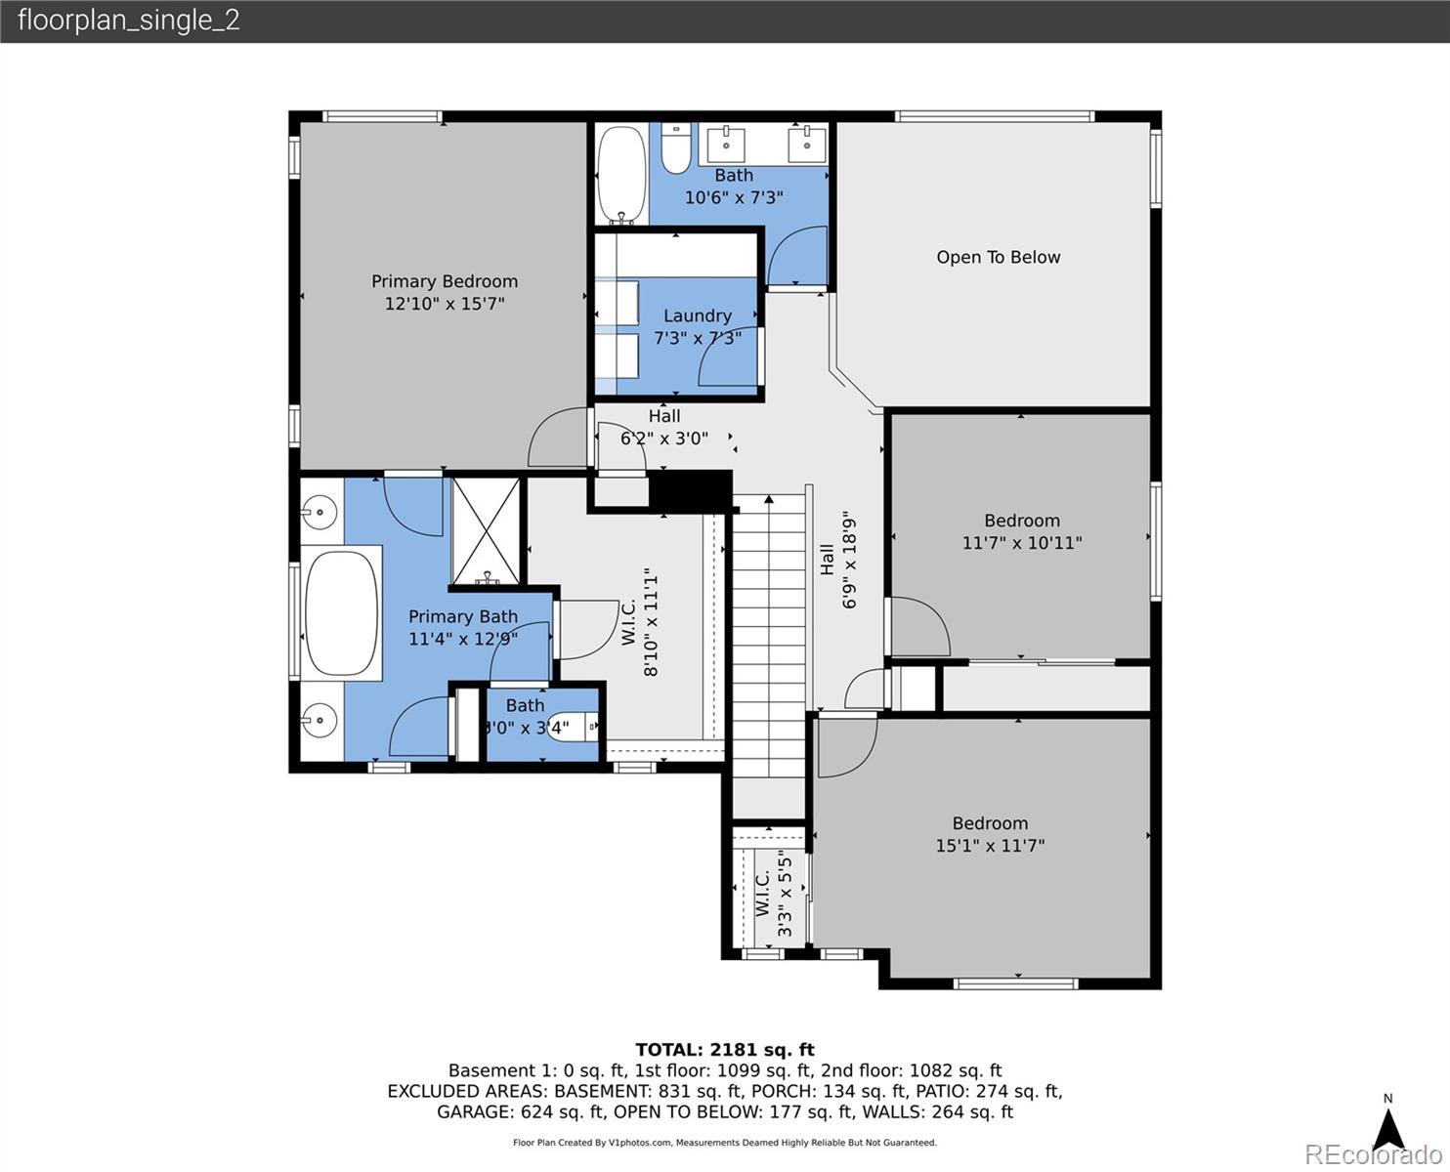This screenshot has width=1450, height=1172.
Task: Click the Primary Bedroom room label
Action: coord(445,281)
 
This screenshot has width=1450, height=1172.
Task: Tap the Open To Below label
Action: coord(998,257)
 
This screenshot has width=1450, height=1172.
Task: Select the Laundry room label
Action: coord(697,315)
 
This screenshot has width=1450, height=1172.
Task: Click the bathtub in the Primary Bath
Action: coord(341,613)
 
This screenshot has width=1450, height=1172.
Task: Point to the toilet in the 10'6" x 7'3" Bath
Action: coord(676,147)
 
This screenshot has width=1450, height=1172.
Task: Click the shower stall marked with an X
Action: coord(486,530)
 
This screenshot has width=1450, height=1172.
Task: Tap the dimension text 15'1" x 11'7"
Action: coord(990,846)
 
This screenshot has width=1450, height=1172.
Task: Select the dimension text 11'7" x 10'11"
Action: coord(1022,543)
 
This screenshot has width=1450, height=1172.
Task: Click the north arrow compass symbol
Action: coord(1388,1127)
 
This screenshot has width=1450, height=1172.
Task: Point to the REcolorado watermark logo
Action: coord(1373,1155)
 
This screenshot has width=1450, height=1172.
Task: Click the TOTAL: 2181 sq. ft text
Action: coord(725,1050)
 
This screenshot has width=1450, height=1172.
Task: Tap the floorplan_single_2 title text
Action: coord(129,21)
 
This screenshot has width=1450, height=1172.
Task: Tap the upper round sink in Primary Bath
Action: coord(320,512)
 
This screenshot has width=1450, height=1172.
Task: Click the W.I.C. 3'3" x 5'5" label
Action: coord(774,893)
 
